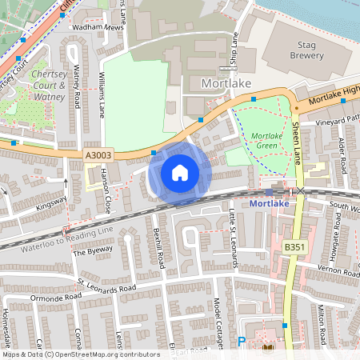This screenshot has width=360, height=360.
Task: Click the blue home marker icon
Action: point(180,172)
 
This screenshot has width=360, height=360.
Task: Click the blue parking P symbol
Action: point(242,342)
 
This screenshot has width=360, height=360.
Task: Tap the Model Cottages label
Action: point(218,324)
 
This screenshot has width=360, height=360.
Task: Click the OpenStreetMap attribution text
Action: point(80,354)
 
